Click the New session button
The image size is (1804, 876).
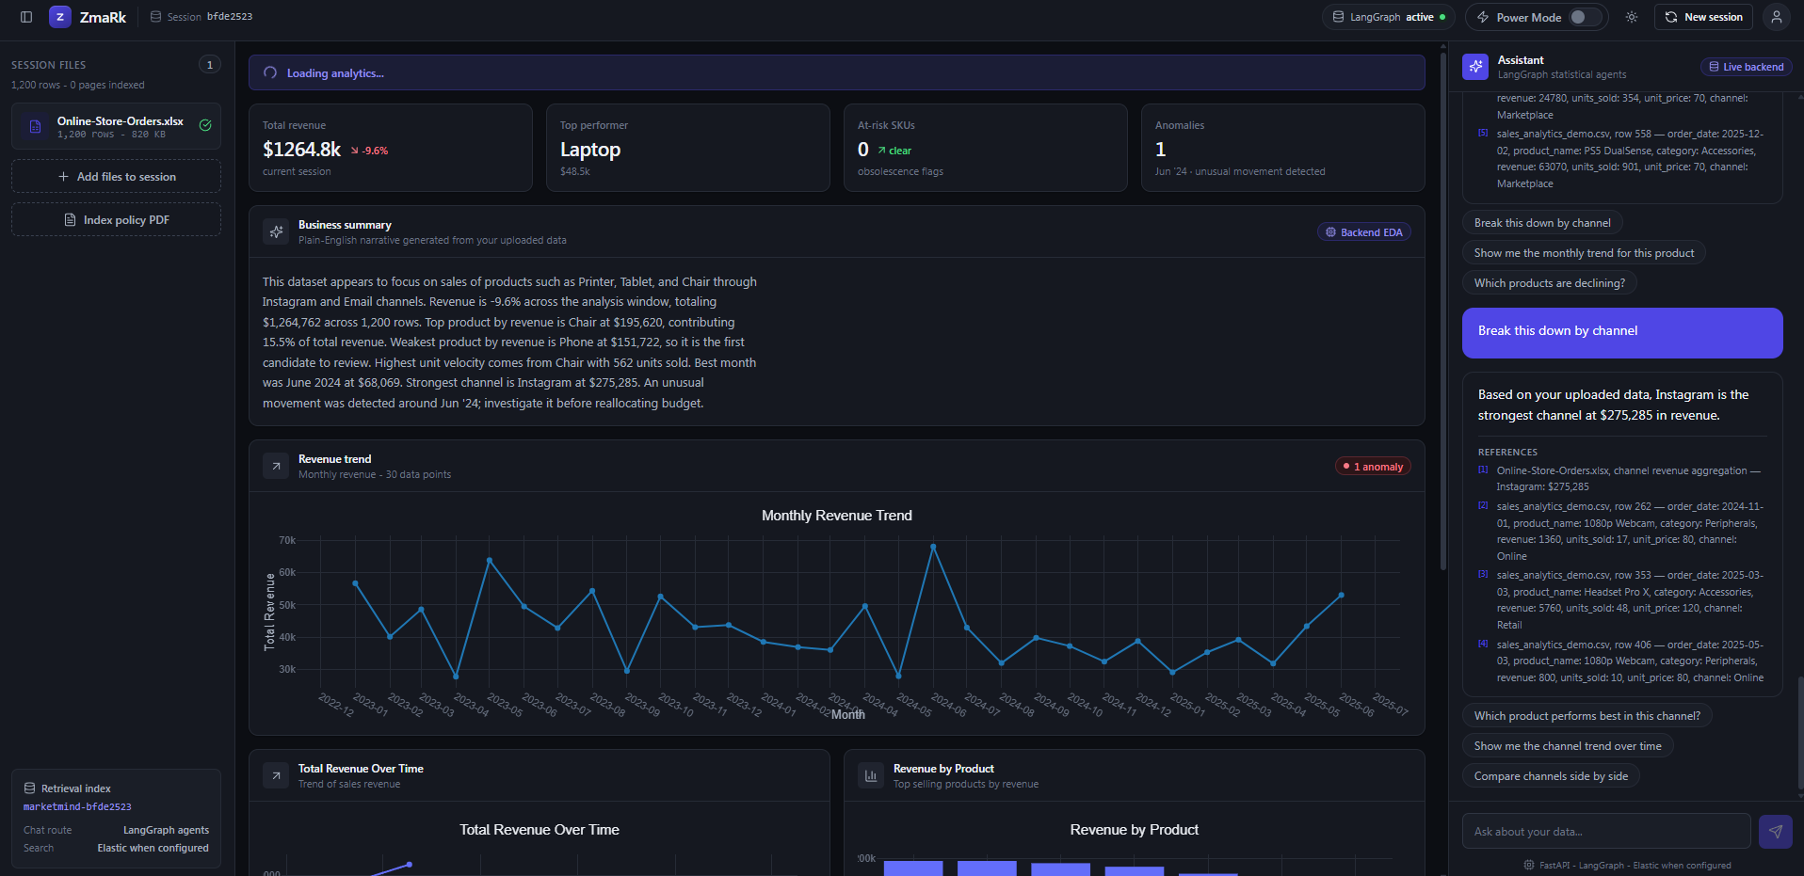click(x=1703, y=17)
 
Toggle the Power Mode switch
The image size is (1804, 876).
click(x=1586, y=17)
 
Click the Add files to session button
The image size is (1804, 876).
click(x=116, y=176)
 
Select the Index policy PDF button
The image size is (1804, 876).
click(x=116, y=219)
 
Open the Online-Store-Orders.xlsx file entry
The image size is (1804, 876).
click(x=116, y=126)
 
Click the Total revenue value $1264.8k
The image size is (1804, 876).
click(x=301, y=150)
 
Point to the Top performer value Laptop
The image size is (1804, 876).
click(x=590, y=150)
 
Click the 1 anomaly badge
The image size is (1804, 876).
click(x=1373, y=467)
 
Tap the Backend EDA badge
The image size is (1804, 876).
click(x=1364, y=232)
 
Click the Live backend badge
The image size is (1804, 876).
click(x=1747, y=67)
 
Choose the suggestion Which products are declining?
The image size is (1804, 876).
click(x=1550, y=283)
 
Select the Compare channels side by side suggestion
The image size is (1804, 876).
click(x=1551, y=776)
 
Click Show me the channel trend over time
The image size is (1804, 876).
click(x=1568, y=746)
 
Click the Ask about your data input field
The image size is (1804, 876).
click(x=1606, y=832)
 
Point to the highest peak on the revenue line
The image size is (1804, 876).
click(x=933, y=547)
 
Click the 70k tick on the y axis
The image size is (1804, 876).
click(x=287, y=540)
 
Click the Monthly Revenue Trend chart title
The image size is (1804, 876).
click(x=837, y=516)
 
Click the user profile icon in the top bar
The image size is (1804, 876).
click(x=1776, y=17)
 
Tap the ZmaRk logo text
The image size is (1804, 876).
click(x=103, y=17)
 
